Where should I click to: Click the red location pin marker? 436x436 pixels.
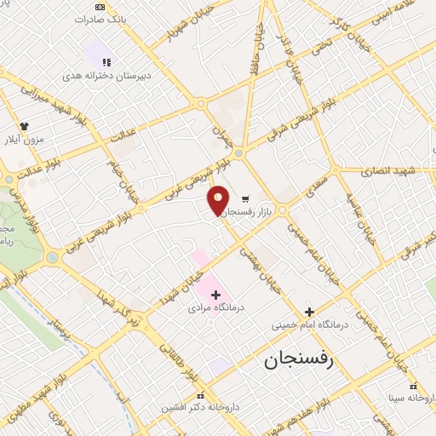[x=219, y=201]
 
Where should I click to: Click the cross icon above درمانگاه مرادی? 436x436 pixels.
[x=215, y=295]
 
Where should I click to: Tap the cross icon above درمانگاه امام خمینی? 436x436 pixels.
[x=309, y=312]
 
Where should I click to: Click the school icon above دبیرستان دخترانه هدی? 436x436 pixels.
[x=106, y=62]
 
